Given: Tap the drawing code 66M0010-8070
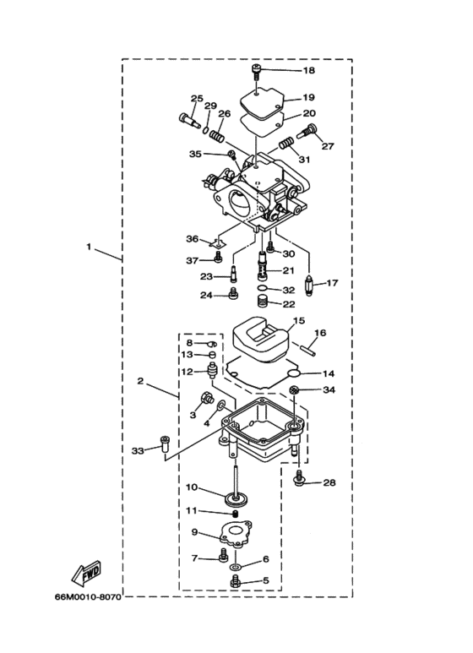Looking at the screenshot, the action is pyautogui.click(x=89, y=597).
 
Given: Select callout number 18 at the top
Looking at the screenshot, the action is pyautogui.click(x=308, y=70).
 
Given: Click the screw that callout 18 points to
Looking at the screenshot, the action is pyautogui.click(x=257, y=73).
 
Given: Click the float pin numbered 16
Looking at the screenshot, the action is pyautogui.click(x=307, y=349).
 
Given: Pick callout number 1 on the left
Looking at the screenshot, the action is pyautogui.click(x=89, y=247).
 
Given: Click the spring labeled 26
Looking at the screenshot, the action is pyautogui.click(x=216, y=135).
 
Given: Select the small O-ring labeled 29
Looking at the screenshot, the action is pyautogui.click(x=206, y=129).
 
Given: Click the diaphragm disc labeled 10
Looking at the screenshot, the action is pyautogui.click(x=236, y=498).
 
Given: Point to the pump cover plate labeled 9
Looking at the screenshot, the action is pyautogui.click(x=236, y=534).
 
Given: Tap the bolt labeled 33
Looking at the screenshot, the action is pyautogui.click(x=165, y=444).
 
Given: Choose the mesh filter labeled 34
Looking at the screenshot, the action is pyautogui.click(x=295, y=390).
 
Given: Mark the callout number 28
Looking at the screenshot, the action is pyautogui.click(x=329, y=482).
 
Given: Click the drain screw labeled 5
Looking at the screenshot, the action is pyautogui.click(x=236, y=581).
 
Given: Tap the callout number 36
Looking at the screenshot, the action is pyautogui.click(x=192, y=238).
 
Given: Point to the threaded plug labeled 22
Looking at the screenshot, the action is pyautogui.click(x=261, y=301).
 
